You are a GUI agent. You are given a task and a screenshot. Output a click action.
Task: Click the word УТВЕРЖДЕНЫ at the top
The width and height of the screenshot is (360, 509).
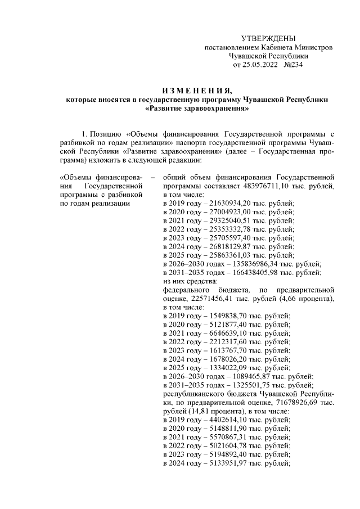tap(268, 38)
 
